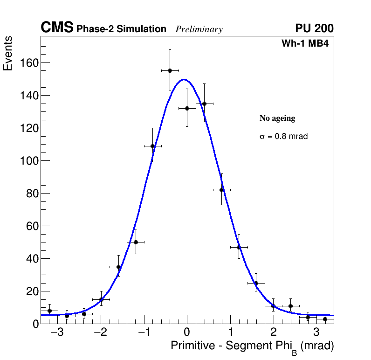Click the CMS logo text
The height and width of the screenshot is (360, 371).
(x=57, y=28)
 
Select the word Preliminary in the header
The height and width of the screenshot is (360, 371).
(x=199, y=29)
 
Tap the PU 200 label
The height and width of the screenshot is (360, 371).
(x=314, y=28)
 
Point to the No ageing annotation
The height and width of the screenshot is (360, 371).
(x=277, y=118)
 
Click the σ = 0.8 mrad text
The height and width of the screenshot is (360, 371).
(x=283, y=137)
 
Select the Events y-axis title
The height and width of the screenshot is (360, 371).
(x=8, y=54)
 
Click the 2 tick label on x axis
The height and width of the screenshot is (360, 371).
(x=273, y=333)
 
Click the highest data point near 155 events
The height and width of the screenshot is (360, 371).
(x=170, y=70)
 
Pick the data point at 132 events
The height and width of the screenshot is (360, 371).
(x=187, y=108)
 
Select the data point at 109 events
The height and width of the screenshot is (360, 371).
(x=152, y=146)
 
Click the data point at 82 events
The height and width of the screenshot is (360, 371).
(x=221, y=190)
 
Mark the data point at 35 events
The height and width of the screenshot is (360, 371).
(x=118, y=267)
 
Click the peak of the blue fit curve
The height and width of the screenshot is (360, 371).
(x=184, y=79)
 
